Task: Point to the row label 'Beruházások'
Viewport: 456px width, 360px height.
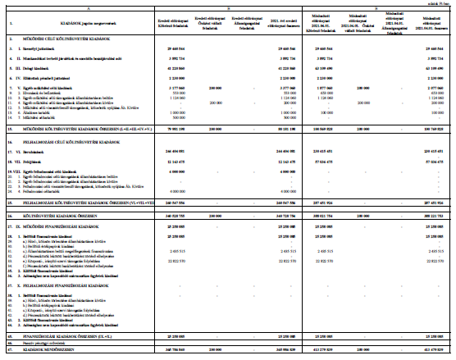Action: pos(32,152)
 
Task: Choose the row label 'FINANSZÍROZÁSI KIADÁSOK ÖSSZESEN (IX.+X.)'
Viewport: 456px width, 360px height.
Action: pos(70,336)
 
